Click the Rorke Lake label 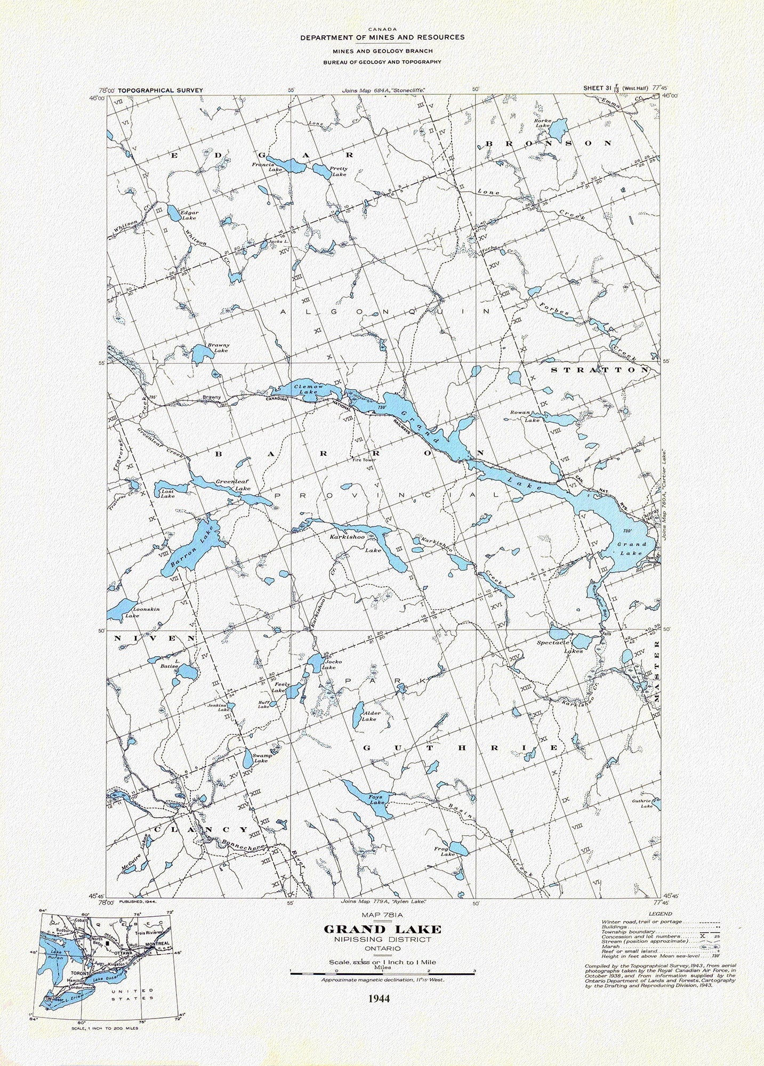[x=542, y=123]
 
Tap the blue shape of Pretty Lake [x=322, y=171]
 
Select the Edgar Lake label [x=189, y=215]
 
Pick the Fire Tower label [x=365, y=459]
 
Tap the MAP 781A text [x=382, y=916]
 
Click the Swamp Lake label [x=261, y=758]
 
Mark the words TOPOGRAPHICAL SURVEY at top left [x=160, y=91]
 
